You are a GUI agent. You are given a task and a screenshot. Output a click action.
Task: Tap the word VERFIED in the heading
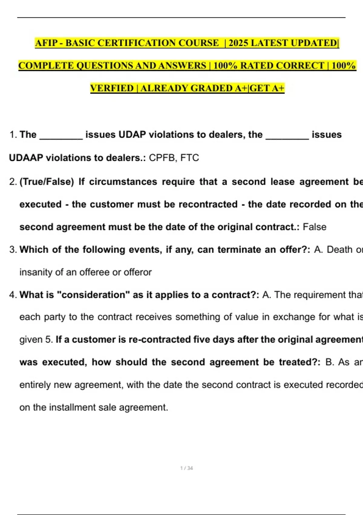pos(112,88)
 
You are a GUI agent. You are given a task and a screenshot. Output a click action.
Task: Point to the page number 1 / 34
pos(186,468)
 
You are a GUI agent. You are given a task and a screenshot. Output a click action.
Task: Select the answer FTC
pos(190,158)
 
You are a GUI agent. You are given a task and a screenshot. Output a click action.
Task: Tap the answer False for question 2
pos(315,227)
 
